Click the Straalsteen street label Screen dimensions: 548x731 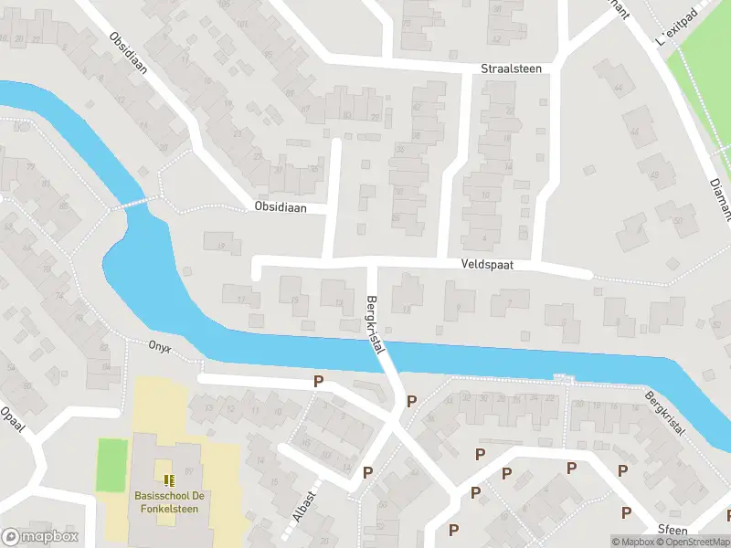pos(511,68)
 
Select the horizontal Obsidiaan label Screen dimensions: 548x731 pos(281,208)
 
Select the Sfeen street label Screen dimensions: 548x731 pos(672,530)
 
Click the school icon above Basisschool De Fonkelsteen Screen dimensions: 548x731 pos(168,479)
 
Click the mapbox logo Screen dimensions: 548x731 pos(40,537)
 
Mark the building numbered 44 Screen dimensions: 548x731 pos(618,88)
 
